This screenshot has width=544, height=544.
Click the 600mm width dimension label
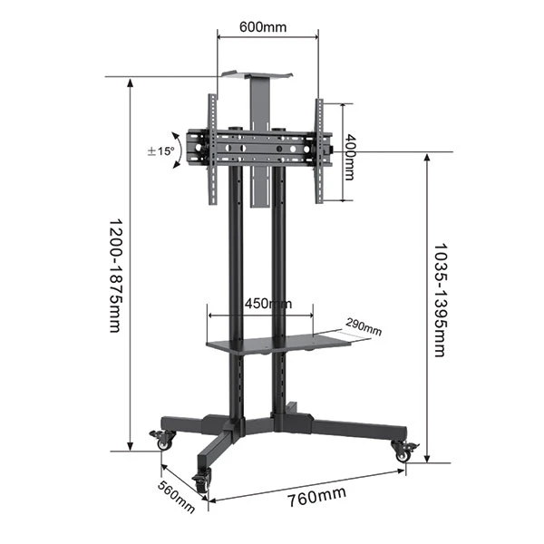point(263,26)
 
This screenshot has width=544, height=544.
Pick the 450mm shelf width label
point(267,303)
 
